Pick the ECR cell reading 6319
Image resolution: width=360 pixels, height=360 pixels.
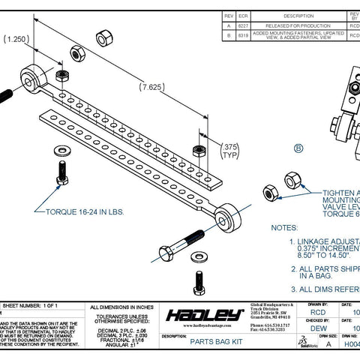point(244,35)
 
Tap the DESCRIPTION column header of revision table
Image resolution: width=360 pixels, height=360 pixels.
point(298,14)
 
